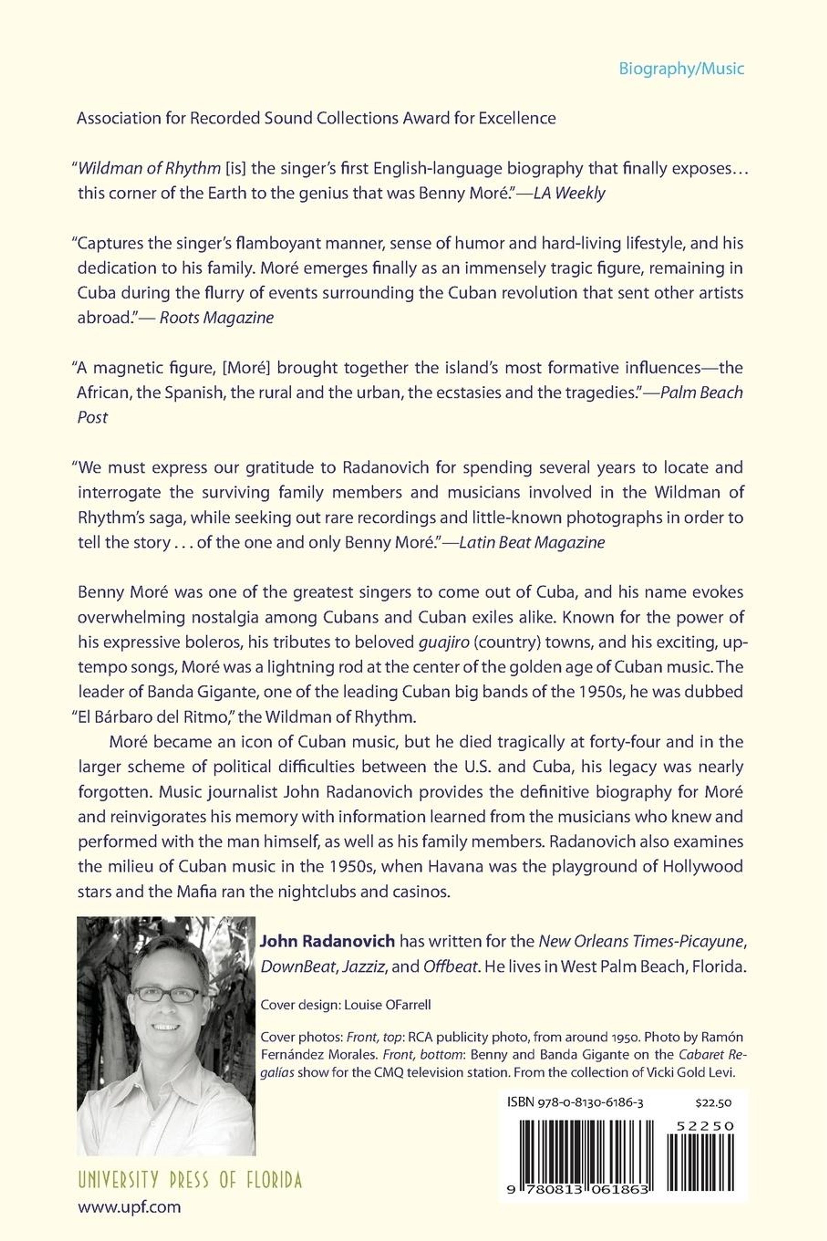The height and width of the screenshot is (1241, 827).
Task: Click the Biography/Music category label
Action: coord(681,69)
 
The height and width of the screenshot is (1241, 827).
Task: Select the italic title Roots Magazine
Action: coord(216,317)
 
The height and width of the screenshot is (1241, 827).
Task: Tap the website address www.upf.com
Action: coord(129,1207)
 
